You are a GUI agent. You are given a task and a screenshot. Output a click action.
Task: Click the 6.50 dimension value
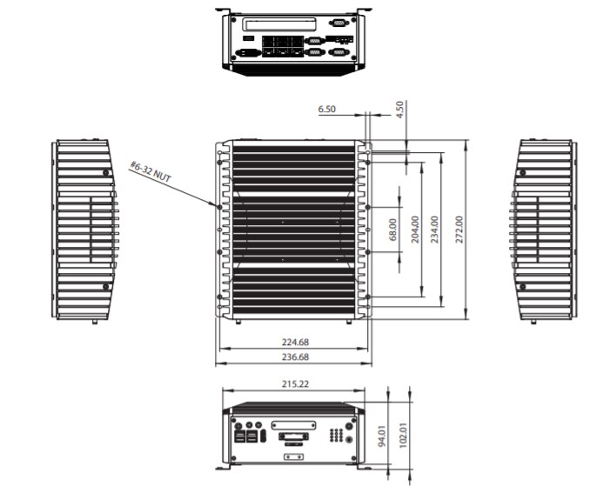[x=327, y=110]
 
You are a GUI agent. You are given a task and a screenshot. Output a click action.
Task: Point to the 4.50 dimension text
[x=400, y=110]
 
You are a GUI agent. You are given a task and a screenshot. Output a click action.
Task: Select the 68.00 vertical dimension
[x=392, y=230]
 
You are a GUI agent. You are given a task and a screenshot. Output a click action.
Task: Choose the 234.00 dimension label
[x=435, y=230]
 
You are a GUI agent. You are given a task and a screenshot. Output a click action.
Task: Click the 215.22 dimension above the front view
[x=293, y=383]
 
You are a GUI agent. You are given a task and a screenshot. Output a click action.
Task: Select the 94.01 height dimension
[x=382, y=436]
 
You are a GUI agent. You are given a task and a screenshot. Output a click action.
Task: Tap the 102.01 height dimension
[x=403, y=436]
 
